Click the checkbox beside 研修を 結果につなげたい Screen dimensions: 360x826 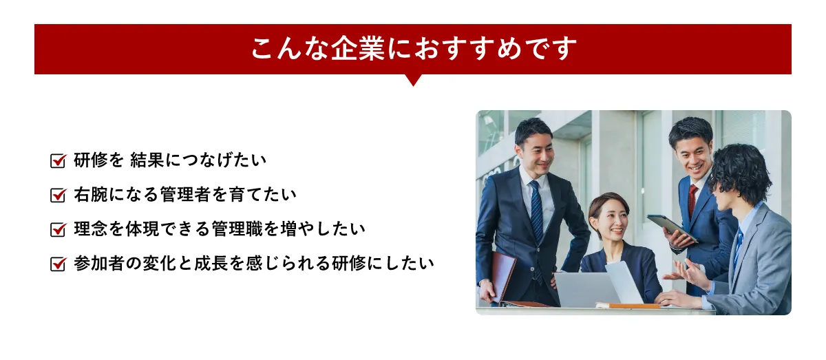point(58,161)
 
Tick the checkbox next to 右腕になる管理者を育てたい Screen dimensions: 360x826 point(58,195)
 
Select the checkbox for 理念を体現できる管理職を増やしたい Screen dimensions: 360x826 point(58,229)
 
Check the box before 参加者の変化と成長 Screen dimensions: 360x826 point(58,264)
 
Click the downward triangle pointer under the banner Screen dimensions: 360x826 point(413,79)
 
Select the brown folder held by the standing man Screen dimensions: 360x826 point(502,275)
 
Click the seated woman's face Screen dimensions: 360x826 point(608,222)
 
